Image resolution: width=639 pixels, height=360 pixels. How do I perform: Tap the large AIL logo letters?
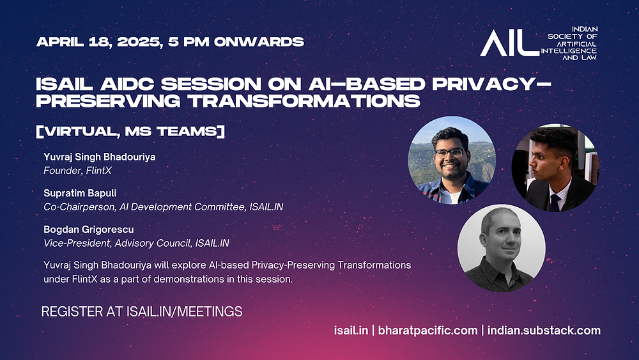(x=509, y=43)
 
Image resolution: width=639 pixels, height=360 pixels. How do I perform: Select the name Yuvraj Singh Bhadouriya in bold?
(x=100, y=157)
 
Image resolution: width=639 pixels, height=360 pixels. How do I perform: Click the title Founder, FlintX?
(x=77, y=171)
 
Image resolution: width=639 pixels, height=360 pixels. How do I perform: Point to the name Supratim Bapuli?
(x=80, y=193)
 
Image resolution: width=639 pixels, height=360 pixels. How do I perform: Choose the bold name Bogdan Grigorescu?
(x=88, y=230)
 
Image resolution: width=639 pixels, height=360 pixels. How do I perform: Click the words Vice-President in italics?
(x=76, y=243)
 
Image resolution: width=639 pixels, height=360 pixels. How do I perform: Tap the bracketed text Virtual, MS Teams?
(x=130, y=131)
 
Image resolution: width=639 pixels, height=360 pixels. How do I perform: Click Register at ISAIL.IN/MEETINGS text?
(x=142, y=311)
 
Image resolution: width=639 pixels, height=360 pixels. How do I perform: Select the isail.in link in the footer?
(x=351, y=330)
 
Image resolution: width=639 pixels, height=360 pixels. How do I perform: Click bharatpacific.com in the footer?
(x=427, y=330)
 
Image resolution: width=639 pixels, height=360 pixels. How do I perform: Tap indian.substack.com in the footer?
(x=544, y=330)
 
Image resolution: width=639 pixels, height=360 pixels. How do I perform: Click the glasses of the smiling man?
(x=449, y=153)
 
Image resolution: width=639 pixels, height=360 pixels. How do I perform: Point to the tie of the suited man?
(x=555, y=203)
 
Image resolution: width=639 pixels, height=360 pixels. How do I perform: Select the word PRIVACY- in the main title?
(x=491, y=84)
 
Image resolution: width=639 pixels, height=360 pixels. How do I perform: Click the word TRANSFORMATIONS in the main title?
(x=304, y=100)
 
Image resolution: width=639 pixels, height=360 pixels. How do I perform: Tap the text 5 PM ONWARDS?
(x=236, y=42)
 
